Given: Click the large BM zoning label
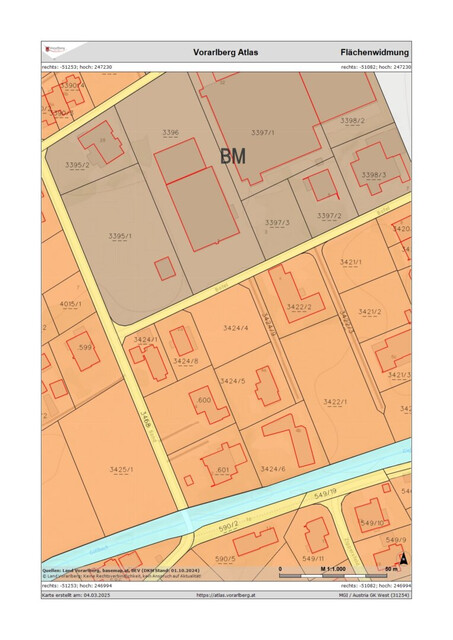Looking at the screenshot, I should (232, 156).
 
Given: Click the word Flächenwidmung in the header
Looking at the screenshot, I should (374, 51).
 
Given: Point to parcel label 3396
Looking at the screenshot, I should (171, 132).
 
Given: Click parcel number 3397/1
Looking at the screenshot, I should (263, 132).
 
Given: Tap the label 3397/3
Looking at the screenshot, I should (277, 222).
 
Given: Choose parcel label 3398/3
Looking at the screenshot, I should (374, 175).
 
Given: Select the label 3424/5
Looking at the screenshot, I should (232, 381).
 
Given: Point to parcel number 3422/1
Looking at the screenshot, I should (335, 401).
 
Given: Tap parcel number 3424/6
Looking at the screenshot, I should (272, 468).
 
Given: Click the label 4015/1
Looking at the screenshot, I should (69, 303).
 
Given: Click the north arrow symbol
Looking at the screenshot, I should (403, 559).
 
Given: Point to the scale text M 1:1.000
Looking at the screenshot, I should (337, 569).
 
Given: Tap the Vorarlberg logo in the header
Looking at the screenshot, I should (55, 49).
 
